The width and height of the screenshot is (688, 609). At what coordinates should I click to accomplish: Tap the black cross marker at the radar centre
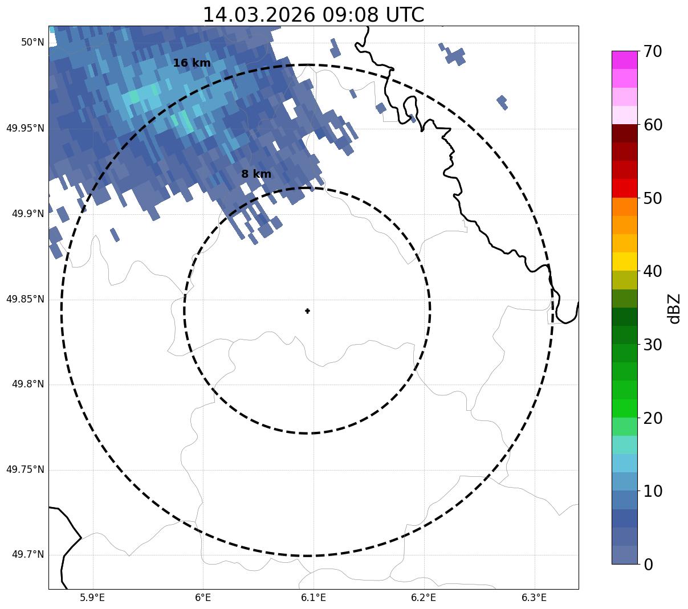(307, 310)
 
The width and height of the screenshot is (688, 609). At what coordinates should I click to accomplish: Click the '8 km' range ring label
(256, 174)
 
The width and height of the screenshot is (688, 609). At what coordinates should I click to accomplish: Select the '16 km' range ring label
(192, 63)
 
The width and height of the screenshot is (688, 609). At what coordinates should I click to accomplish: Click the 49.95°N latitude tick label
(25, 128)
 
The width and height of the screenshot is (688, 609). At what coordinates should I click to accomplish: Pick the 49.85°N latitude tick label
(25, 299)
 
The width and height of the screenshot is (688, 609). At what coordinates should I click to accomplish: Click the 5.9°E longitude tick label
(92, 598)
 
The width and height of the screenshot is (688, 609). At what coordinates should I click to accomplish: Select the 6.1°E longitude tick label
(313, 598)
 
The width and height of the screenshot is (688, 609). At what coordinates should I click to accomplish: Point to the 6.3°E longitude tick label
(534, 598)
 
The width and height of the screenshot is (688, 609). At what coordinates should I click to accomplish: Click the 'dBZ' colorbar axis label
(674, 308)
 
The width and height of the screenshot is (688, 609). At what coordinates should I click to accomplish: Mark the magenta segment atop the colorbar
(624, 60)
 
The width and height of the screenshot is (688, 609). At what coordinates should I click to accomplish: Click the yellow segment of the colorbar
(624, 262)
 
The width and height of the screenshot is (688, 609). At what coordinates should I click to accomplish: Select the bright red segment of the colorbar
(624, 189)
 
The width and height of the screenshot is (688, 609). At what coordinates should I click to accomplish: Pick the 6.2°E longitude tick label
(424, 598)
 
